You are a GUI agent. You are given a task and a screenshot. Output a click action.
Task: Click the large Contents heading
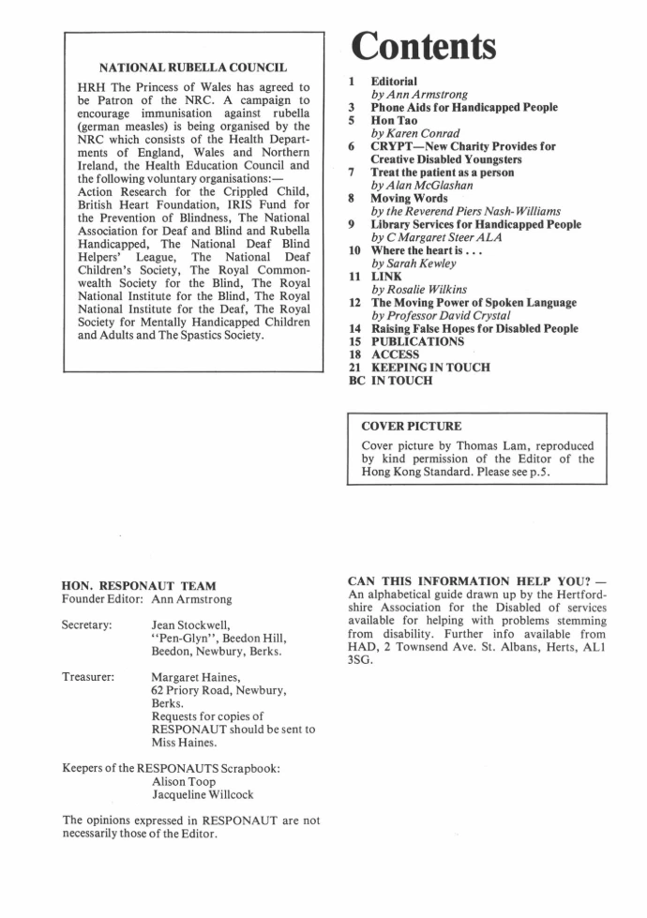[x=423, y=44]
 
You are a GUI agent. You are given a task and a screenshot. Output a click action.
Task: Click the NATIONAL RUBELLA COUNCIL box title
[x=193, y=68]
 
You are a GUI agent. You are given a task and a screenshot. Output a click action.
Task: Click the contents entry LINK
[x=386, y=277]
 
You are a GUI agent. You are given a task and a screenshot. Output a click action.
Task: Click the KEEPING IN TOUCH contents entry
[x=430, y=368]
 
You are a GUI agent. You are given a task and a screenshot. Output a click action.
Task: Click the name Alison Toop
[x=184, y=781]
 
